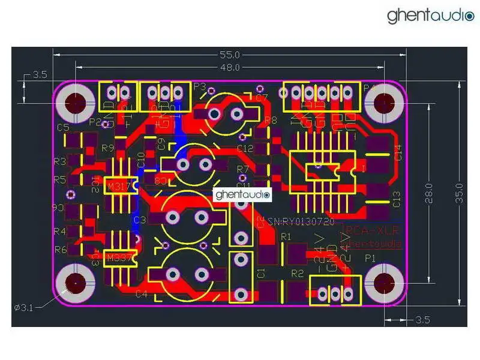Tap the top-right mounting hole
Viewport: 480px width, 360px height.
382,103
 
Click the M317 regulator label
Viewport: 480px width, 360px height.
118,187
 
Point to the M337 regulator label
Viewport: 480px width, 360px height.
118,259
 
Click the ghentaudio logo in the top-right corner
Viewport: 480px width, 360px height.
430,16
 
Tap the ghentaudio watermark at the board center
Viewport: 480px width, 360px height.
243,194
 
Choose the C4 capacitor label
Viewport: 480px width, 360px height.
142,294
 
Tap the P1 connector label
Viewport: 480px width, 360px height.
370,257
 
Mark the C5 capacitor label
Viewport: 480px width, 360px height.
63,127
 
